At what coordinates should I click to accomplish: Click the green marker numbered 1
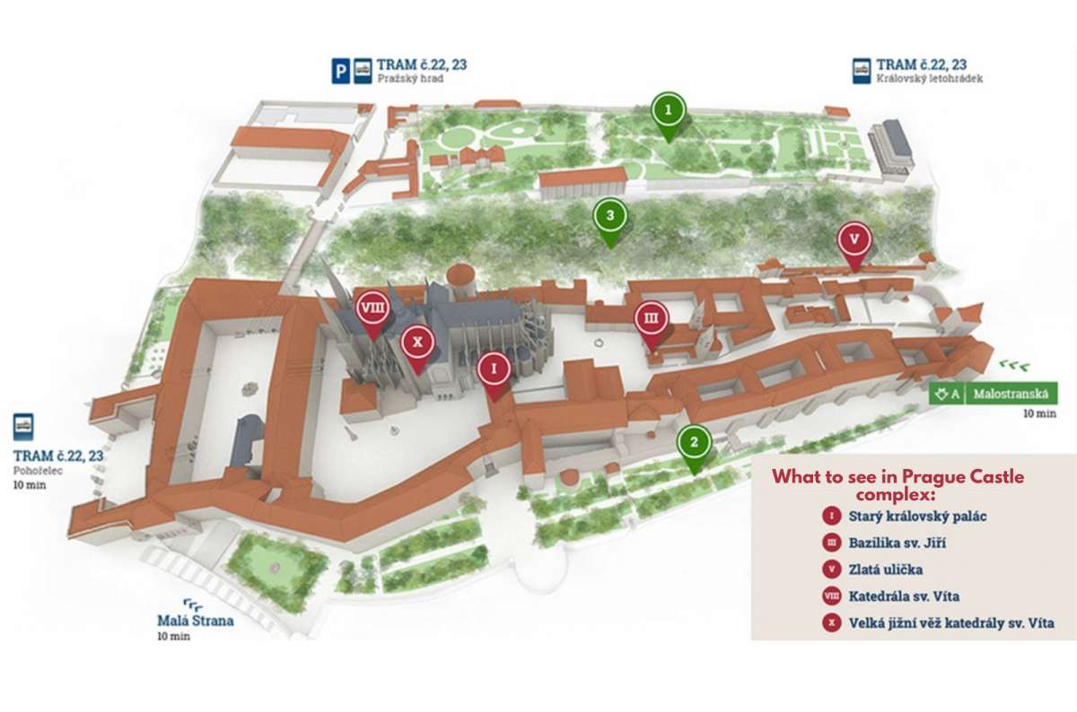pyautogui.click(x=668, y=110)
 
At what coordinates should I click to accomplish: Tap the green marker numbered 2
pyautogui.click(x=694, y=442)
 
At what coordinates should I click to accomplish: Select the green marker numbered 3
pyautogui.click(x=610, y=215)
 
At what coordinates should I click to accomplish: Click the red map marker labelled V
pyautogui.click(x=854, y=239)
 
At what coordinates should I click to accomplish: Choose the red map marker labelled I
pyautogui.click(x=494, y=369)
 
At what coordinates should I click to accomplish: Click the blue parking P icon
pyautogui.click(x=341, y=71)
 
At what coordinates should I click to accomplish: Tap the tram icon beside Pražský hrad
pyautogui.click(x=363, y=71)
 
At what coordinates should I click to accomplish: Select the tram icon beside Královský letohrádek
pyautogui.click(x=862, y=71)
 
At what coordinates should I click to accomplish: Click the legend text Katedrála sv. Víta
pyautogui.click(x=904, y=595)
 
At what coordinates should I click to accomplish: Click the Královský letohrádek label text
pyautogui.click(x=930, y=79)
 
